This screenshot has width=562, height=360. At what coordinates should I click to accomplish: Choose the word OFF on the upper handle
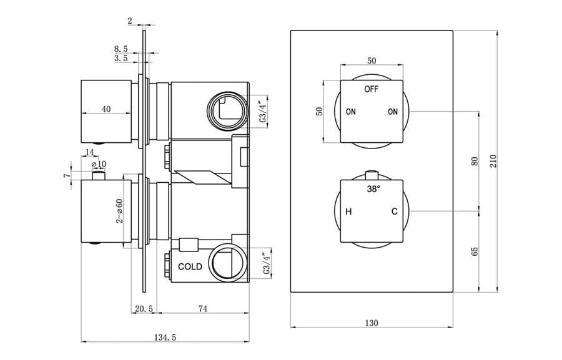(x=372, y=89)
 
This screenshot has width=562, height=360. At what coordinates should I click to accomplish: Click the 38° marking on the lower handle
(x=372, y=188)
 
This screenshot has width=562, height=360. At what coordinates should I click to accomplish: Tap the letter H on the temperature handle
(x=349, y=212)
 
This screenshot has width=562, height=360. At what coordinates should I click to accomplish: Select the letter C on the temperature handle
(x=394, y=212)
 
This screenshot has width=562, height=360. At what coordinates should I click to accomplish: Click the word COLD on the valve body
(x=190, y=266)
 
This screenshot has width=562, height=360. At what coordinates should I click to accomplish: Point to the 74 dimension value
(x=203, y=309)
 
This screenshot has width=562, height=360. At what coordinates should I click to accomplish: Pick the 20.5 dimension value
(x=144, y=309)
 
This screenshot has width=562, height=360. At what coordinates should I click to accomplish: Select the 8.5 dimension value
(x=121, y=47)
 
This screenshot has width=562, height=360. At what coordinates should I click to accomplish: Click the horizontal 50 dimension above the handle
(x=372, y=61)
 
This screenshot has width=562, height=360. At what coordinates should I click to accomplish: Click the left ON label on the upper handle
(x=351, y=112)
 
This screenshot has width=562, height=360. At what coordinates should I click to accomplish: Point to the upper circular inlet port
(x=224, y=110)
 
